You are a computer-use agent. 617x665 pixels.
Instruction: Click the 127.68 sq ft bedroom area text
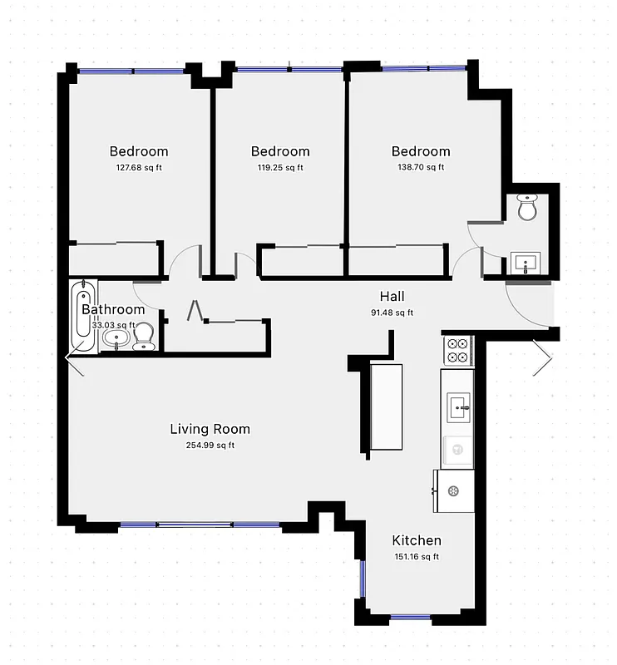pyautogui.click(x=139, y=167)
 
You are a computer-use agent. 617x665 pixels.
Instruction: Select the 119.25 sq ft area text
pyautogui.click(x=280, y=167)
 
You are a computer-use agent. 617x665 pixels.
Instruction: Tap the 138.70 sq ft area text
pyautogui.click(x=421, y=167)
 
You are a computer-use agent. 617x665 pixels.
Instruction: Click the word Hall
pyautogui.click(x=392, y=297)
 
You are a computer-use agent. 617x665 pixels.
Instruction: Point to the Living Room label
pyautogui.click(x=210, y=429)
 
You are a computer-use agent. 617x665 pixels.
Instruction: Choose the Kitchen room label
pyautogui.click(x=417, y=540)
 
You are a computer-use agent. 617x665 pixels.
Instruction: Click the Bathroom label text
pyautogui.click(x=113, y=309)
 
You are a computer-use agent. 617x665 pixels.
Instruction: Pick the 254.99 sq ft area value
pyautogui.click(x=210, y=445)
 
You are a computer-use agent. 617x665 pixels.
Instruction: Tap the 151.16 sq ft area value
pyautogui.click(x=416, y=556)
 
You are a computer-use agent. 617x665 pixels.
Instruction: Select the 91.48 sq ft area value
pyautogui.click(x=392, y=313)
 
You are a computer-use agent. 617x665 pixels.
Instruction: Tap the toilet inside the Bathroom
pyautogui.click(x=143, y=337)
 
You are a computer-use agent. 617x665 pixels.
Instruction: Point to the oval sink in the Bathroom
pyautogui.click(x=117, y=338)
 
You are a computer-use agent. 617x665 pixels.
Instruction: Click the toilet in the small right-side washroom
pyautogui.click(x=527, y=208)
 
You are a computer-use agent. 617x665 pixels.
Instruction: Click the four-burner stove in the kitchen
pyautogui.click(x=457, y=350)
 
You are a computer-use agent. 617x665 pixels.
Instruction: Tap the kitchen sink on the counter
pyautogui.click(x=457, y=407)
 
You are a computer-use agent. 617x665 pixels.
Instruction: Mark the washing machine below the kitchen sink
pyautogui.click(x=457, y=450)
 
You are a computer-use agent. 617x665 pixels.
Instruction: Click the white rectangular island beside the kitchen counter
pyautogui.click(x=386, y=406)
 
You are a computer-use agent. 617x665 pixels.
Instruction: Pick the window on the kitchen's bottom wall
pyautogui.click(x=410, y=617)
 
